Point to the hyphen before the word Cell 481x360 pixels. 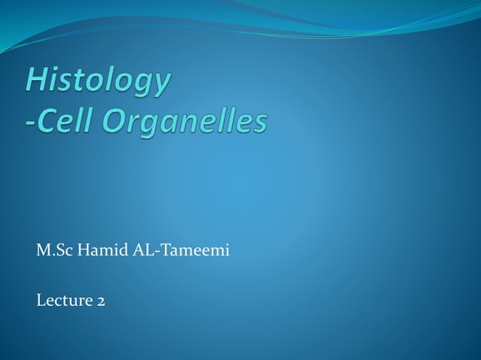pyautogui.click(x=31, y=123)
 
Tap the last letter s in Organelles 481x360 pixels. pyautogui.click(x=259, y=123)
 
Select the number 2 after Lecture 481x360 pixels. pyautogui.click(x=100, y=302)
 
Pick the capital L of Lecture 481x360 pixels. pyautogui.click(x=41, y=301)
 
